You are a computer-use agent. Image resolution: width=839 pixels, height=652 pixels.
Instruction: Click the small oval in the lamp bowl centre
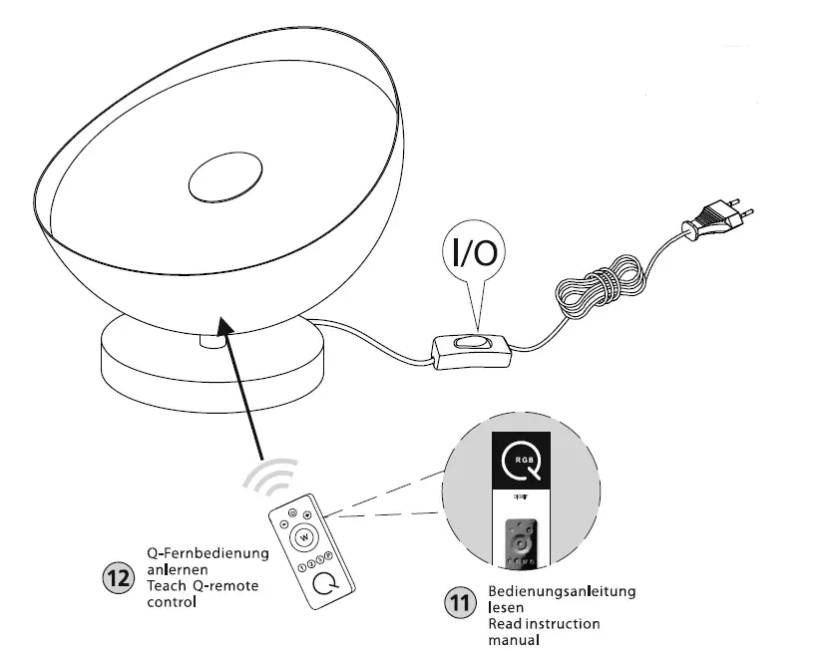223,179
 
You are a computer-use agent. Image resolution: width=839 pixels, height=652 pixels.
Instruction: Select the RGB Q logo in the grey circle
520,462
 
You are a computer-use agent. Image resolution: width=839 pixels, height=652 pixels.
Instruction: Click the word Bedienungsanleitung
562,592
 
